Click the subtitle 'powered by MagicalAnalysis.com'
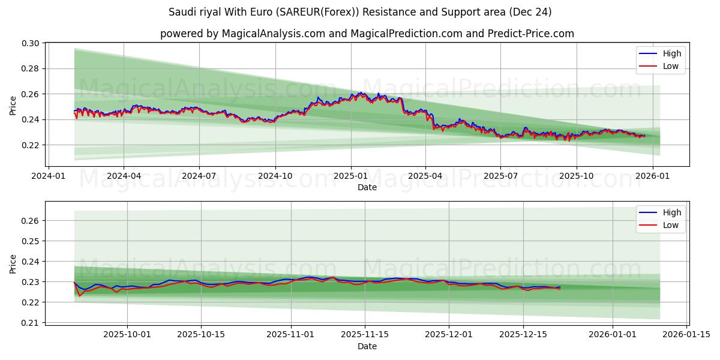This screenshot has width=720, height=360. tap(367, 34)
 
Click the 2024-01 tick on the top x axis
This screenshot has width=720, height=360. tap(49, 176)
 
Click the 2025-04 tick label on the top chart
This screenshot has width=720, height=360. tap(425, 176)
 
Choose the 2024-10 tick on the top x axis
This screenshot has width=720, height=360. tap(275, 176)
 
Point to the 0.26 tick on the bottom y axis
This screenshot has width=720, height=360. tap(31, 221)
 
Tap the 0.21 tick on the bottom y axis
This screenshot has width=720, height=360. tap(31, 323)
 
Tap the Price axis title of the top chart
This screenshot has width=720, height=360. tap(13, 104)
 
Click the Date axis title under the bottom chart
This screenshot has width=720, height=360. tap(367, 346)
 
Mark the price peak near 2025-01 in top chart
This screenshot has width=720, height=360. tap(361, 93)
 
